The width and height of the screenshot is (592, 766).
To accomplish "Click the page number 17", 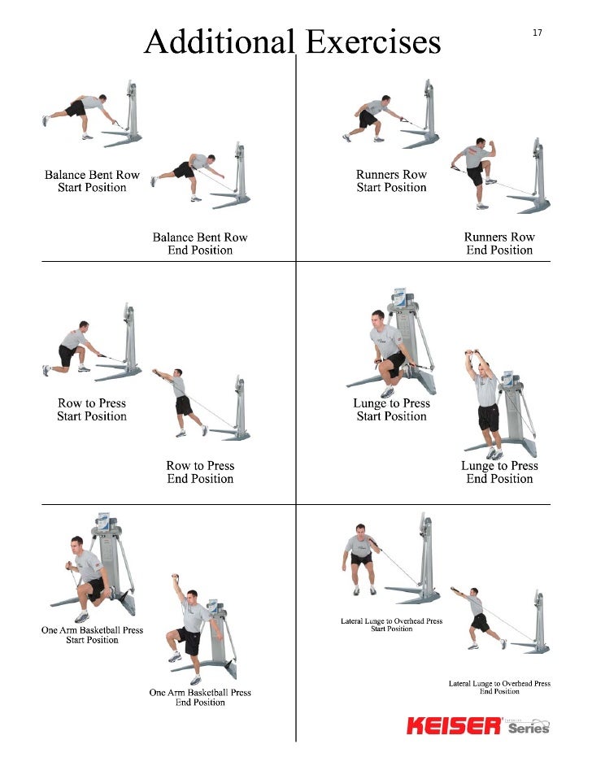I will point(538,33).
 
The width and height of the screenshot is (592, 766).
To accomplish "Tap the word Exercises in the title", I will point(372,41).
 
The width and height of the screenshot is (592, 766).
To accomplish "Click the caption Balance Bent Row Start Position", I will point(92,181).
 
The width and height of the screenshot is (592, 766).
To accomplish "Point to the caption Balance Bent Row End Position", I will point(200,244).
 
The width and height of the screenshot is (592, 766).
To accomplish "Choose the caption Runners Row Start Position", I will point(391,181).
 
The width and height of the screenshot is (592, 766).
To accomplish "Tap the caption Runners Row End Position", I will point(499,244).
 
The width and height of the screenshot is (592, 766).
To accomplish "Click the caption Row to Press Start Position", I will point(92,410).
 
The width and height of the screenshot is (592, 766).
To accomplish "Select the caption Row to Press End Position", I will point(200,472).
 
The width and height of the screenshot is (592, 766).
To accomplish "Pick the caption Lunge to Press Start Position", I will point(391,410).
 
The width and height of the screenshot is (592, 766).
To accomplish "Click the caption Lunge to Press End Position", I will point(499,472).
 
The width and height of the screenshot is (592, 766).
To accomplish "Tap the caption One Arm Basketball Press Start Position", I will point(92,635).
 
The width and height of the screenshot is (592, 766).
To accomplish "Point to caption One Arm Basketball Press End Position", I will point(200,698).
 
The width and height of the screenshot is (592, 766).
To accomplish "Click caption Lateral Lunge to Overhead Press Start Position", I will point(391,625).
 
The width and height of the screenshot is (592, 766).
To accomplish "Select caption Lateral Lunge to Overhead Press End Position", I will point(499,687).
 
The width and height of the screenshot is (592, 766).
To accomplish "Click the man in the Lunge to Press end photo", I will point(486,403).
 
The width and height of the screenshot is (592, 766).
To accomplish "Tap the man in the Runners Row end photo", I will point(477,171).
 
